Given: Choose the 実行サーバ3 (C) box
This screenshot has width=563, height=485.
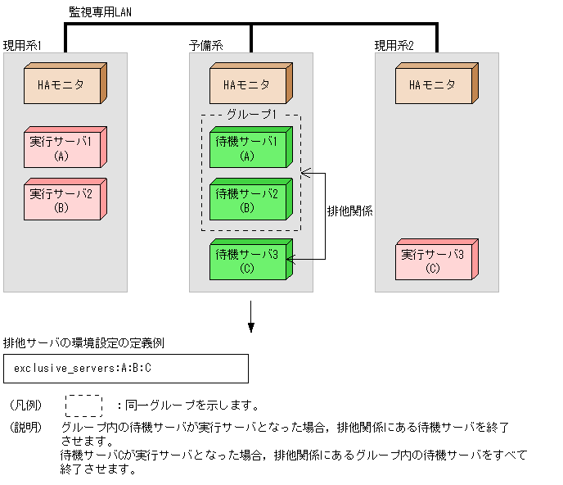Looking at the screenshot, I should click(x=435, y=261).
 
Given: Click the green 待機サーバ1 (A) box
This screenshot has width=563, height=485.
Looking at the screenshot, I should click(x=249, y=148).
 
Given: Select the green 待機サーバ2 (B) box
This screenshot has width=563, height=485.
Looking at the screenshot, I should click(x=249, y=201).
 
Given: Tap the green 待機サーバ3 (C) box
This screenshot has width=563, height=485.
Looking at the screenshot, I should click(x=249, y=261).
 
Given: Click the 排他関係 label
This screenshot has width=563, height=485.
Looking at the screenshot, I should click(x=349, y=211).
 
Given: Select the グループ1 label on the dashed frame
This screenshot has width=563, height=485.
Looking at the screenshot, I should click(x=250, y=115).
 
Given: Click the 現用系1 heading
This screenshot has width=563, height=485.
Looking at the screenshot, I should click(x=22, y=45).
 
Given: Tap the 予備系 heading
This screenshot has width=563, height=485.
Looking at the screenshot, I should click(x=205, y=45).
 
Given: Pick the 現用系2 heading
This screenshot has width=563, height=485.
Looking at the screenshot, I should click(x=394, y=45).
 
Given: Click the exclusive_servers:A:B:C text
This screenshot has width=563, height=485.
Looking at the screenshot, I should click(x=83, y=369).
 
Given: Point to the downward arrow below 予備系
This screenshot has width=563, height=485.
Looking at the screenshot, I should click(x=251, y=317).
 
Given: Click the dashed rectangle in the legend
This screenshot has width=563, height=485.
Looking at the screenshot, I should click(x=83, y=406).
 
